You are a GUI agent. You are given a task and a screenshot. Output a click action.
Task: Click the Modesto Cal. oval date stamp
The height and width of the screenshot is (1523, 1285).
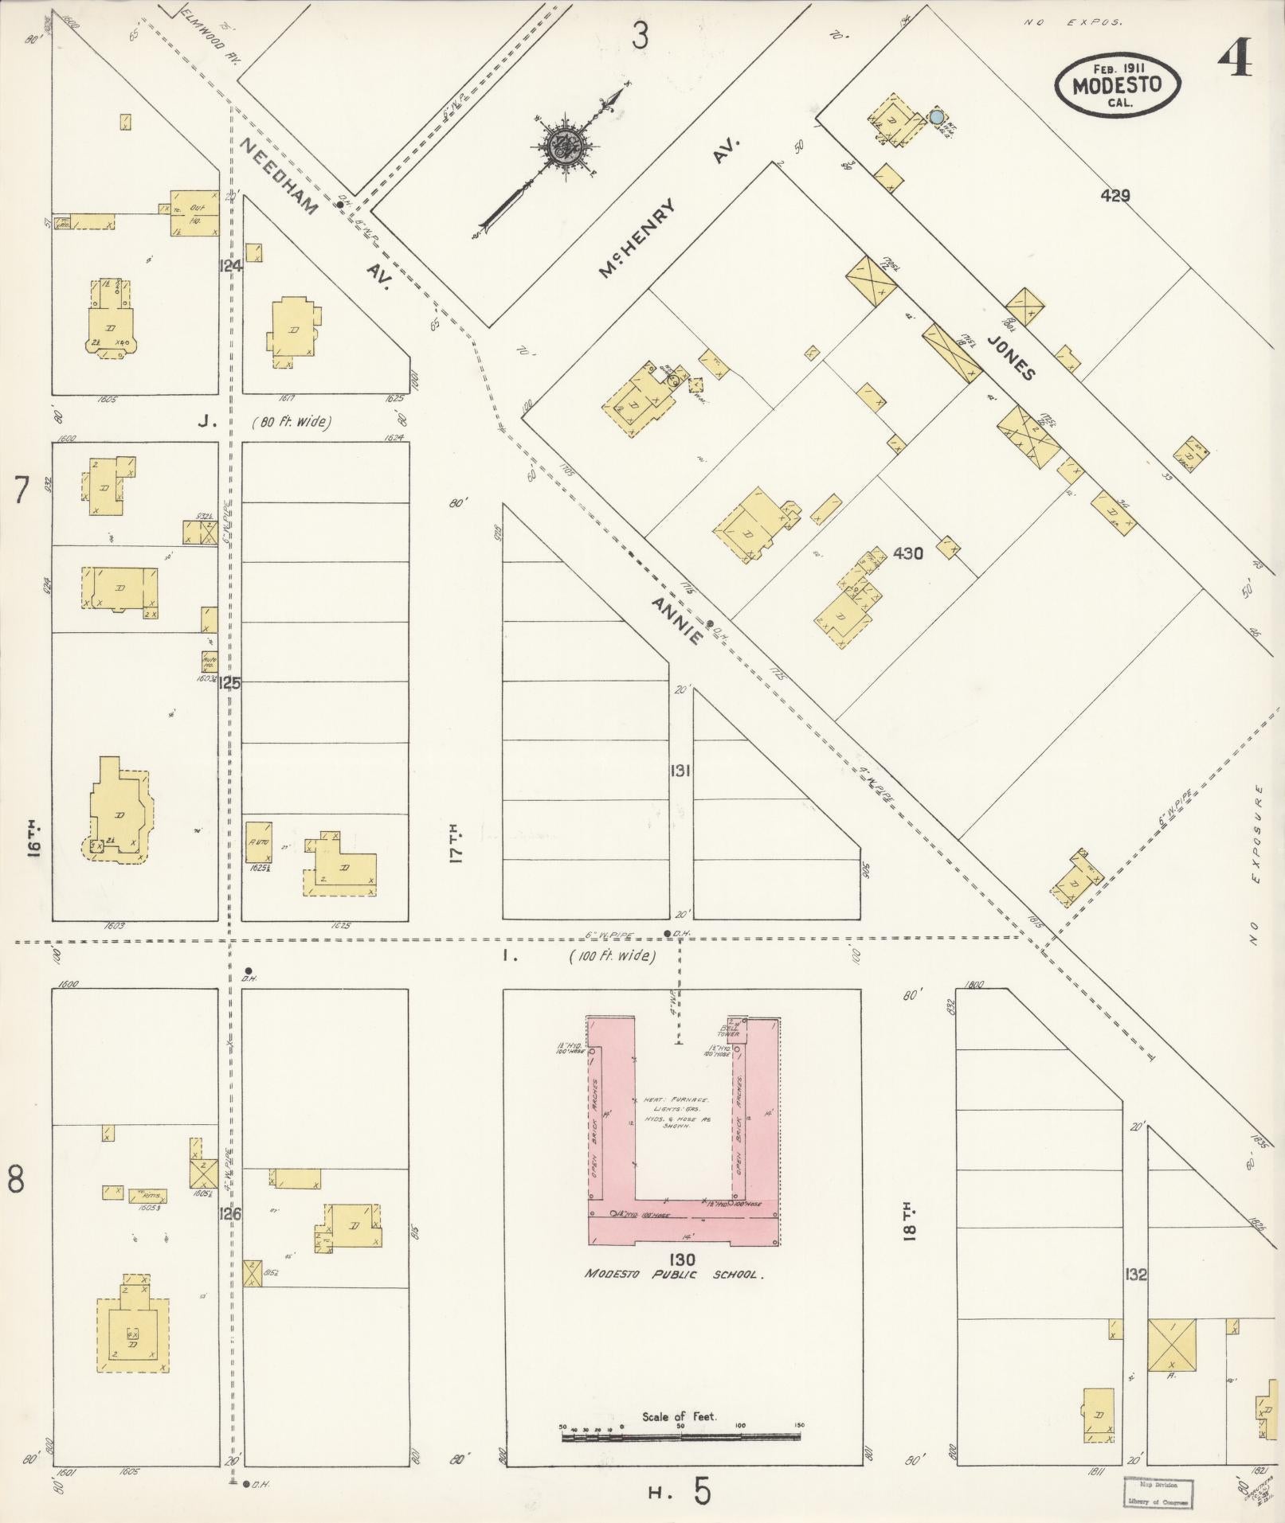coord(1118,80)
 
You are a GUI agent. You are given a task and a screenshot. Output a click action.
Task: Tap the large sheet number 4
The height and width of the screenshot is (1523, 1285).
coord(1234,57)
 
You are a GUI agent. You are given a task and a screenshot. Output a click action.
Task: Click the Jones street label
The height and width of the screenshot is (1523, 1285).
coord(1012,357)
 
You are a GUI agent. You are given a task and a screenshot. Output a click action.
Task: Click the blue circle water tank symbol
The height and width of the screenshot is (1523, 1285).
coord(937,117)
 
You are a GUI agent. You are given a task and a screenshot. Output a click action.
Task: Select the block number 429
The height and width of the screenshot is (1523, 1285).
coord(1115,195)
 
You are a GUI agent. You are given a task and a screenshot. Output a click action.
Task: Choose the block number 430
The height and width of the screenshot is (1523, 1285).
coord(908,553)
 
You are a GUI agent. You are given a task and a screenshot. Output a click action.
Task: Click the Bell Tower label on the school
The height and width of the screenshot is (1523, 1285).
coord(728,1029)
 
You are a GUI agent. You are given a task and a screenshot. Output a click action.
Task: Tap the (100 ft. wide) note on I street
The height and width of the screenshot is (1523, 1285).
coord(612,956)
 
